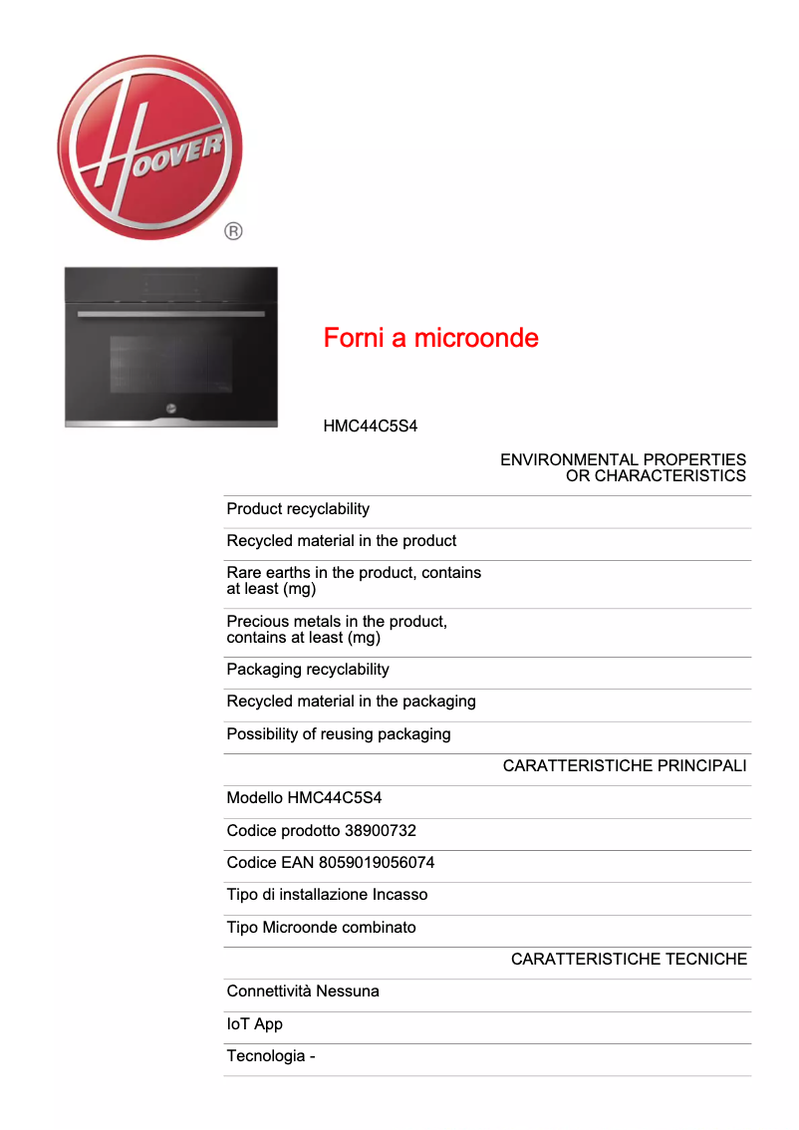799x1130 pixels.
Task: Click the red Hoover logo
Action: pyautogui.click(x=149, y=147)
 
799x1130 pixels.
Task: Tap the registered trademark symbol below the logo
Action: pyautogui.click(x=233, y=232)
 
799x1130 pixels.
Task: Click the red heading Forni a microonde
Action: pyautogui.click(x=430, y=338)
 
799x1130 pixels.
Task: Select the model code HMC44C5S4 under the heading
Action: pyautogui.click(x=370, y=425)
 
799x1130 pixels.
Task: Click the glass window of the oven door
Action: pyautogui.click(x=170, y=365)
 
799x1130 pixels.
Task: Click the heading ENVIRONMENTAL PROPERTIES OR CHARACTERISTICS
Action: pyautogui.click(x=623, y=467)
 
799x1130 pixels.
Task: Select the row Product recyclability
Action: pyautogui.click(x=298, y=509)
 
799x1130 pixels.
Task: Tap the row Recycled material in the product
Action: pyautogui.click(x=342, y=541)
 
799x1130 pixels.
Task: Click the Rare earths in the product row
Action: pyautogui.click(x=354, y=580)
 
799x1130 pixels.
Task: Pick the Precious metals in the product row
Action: pyautogui.click(x=337, y=629)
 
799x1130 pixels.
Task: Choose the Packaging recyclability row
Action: pyautogui.click(x=308, y=670)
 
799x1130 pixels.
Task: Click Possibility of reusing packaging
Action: pyautogui.click(x=339, y=734)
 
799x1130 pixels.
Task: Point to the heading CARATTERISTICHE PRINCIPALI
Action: pyautogui.click(x=625, y=766)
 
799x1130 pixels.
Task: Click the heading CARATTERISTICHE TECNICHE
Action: pyautogui.click(x=629, y=960)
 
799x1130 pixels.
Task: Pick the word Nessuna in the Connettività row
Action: pyautogui.click(x=349, y=991)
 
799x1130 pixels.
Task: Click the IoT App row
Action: pyautogui.click(x=255, y=1024)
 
